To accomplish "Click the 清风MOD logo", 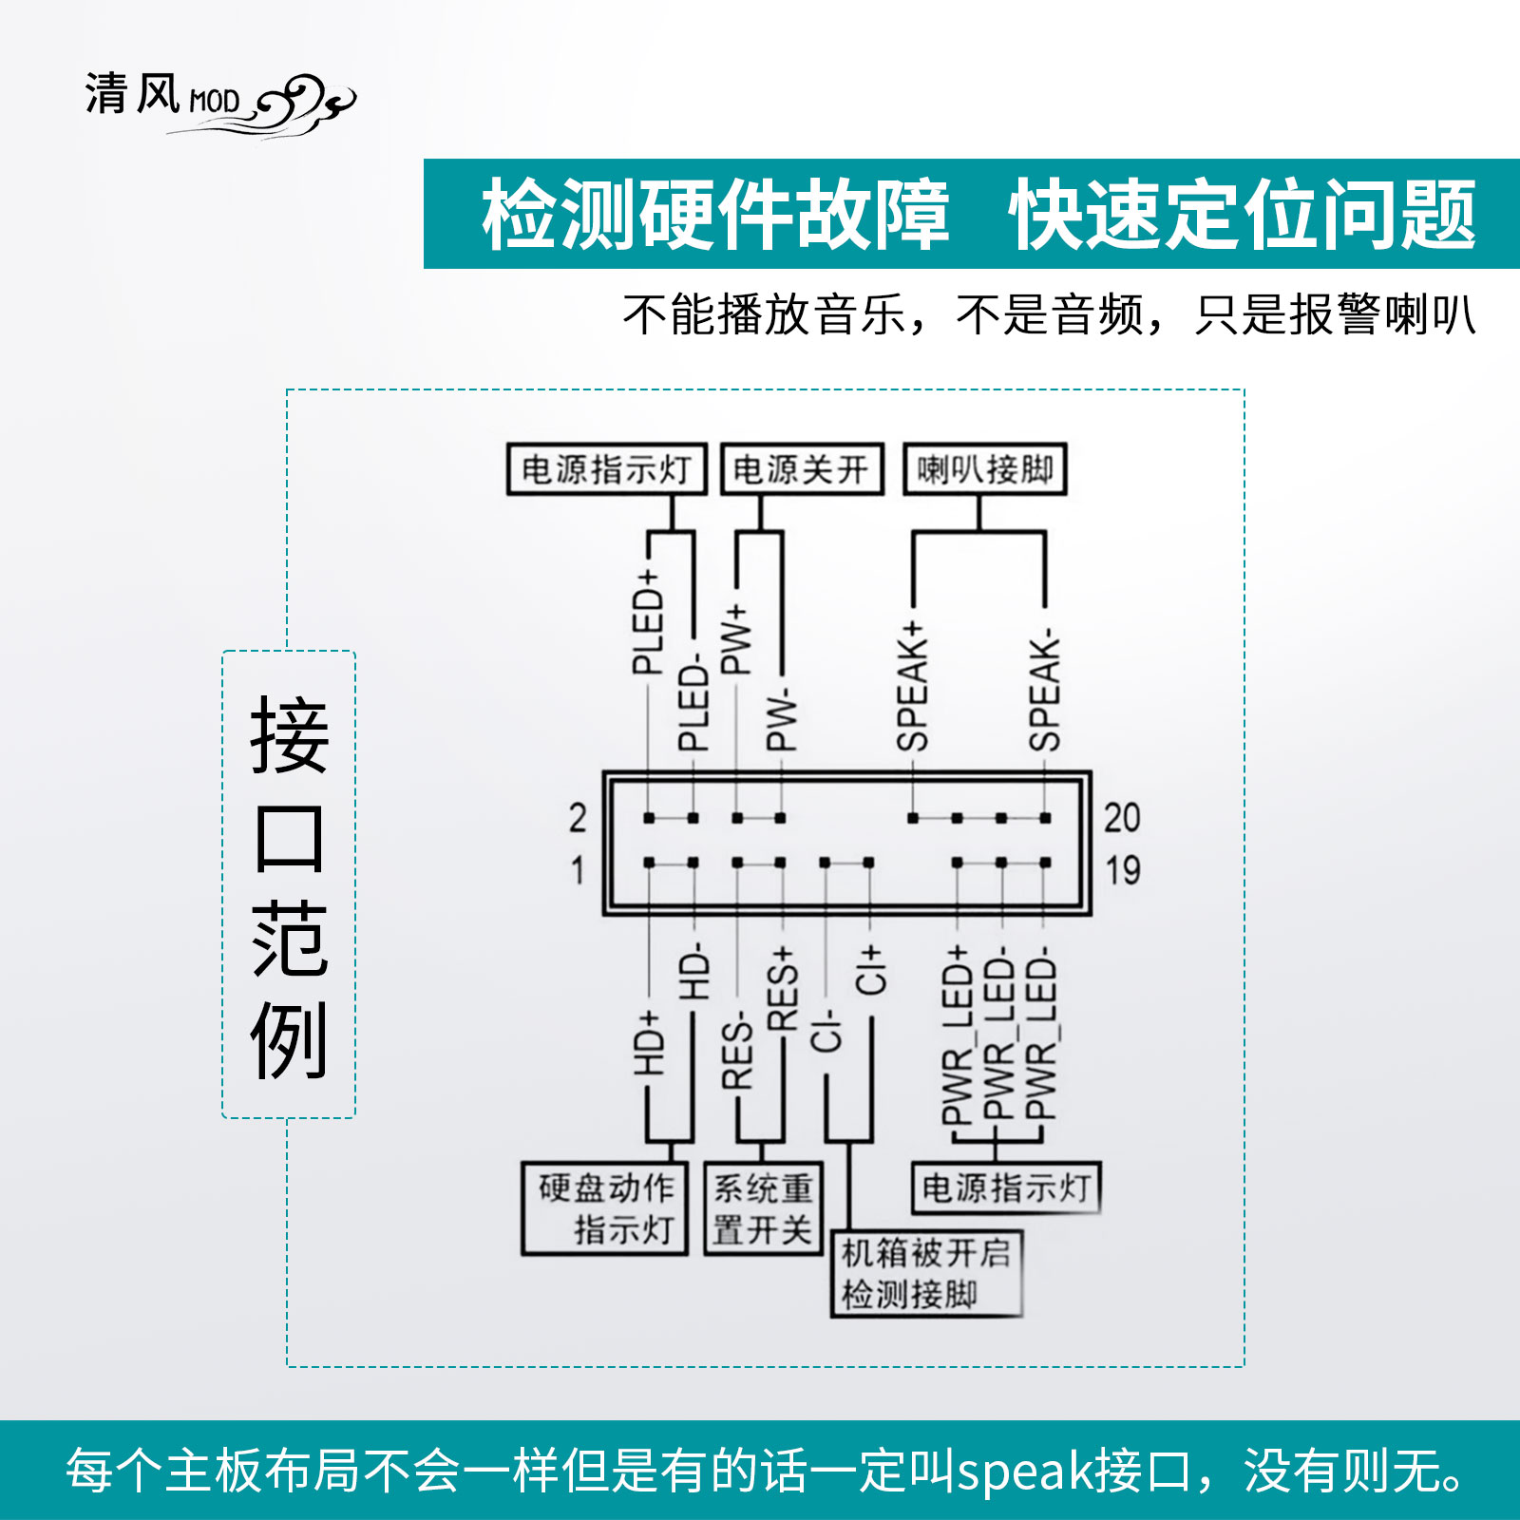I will (x=218, y=100).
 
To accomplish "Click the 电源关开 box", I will (x=802, y=469).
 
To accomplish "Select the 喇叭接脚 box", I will (x=984, y=469).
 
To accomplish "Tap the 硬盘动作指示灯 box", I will (x=605, y=1208).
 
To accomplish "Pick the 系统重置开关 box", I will (x=763, y=1208).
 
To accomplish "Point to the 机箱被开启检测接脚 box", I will (x=926, y=1274).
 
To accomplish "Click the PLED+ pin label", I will (x=648, y=622).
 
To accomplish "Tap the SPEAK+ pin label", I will (x=912, y=686).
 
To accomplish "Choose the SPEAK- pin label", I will (x=1044, y=691).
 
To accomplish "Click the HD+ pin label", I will (x=648, y=1043).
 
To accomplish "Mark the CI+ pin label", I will (x=869, y=969).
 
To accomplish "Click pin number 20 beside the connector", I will (x=1122, y=818).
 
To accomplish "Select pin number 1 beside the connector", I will (x=578, y=869).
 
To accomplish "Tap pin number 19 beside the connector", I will (x=1122, y=869).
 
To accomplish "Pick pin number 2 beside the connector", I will (x=578, y=818).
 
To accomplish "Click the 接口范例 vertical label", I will (x=289, y=885).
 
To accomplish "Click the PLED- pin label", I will (x=693, y=703).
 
